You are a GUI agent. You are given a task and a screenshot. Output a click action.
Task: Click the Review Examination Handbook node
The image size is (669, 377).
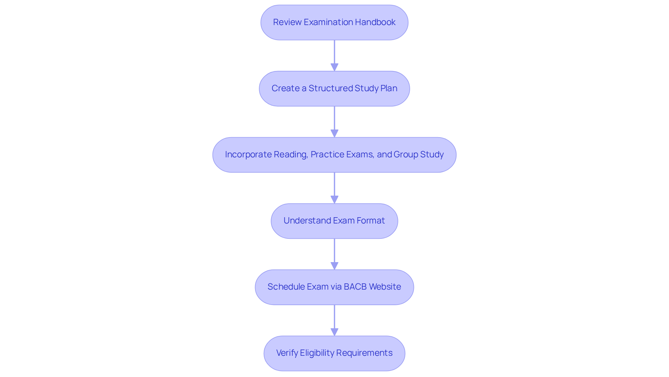click(x=334, y=22)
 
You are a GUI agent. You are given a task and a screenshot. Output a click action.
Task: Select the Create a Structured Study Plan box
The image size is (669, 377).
click(x=334, y=88)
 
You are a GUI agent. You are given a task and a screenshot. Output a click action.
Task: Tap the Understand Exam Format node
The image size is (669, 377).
click(x=334, y=221)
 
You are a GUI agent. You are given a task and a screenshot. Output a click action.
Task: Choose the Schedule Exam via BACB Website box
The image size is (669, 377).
click(x=334, y=287)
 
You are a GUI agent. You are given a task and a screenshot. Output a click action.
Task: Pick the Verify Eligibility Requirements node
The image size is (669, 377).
click(x=334, y=353)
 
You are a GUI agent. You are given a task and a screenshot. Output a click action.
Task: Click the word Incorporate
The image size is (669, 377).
click(x=248, y=155)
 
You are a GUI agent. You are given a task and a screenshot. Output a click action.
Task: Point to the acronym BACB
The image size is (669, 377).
click(x=355, y=287)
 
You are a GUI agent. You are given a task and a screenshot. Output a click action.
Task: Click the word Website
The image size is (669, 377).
click(x=385, y=287)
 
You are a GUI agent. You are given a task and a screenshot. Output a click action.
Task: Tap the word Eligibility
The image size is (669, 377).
click(x=317, y=353)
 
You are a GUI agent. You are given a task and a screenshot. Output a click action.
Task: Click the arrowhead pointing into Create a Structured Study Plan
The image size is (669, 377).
click(x=334, y=67)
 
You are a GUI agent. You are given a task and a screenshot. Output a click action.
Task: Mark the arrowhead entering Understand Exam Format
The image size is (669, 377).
click(x=334, y=199)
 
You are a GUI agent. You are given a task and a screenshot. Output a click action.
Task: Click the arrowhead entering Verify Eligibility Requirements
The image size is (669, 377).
click(x=334, y=332)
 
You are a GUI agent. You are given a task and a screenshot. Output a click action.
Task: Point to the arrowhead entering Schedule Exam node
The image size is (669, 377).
click(x=334, y=266)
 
